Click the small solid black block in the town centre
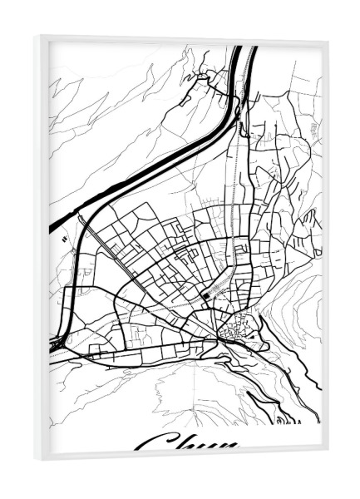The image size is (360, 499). point(205,295)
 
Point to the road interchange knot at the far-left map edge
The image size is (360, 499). point(57,340)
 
